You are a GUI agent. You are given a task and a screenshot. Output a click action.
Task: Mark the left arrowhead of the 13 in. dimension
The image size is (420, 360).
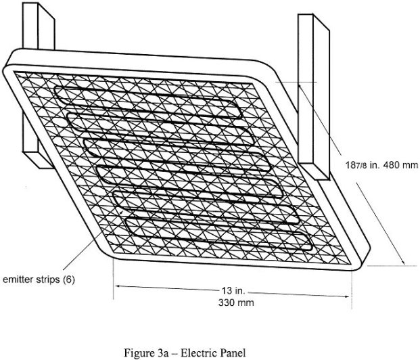pos(116,287)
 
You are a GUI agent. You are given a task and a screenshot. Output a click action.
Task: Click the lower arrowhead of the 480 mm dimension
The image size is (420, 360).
pos(403,263)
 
